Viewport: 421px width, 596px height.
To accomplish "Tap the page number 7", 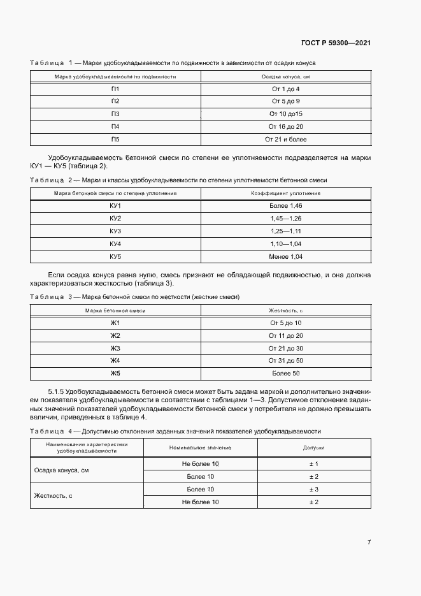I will pyautogui.click(x=369, y=542).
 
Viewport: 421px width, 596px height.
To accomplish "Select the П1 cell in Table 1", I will pyautogui.click(x=115, y=89).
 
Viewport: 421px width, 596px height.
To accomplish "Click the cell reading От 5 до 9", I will pyautogui.click(x=285, y=101).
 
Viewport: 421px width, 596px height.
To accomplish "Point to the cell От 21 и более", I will pyautogui.click(x=285, y=139).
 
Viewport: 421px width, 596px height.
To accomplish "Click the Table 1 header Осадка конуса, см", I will pyautogui.click(x=285, y=76).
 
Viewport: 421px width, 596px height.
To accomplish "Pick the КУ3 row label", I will pyautogui.click(x=115, y=231).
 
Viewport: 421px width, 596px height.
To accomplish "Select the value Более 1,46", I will pyautogui.click(x=285, y=206).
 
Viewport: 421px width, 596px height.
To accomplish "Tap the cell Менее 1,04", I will pyautogui.click(x=285, y=256).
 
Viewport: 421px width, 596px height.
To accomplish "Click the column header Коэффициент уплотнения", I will pyautogui.click(x=285, y=193).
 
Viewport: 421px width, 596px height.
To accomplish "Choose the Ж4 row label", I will pyautogui.click(x=115, y=361).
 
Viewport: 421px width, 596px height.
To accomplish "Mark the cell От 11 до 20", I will pyautogui.click(x=286, y=335).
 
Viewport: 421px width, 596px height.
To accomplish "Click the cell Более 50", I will pyautogui.click(x=286, y=374).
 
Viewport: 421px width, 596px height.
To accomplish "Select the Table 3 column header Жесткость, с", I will pyautogui.click(x=286, y=310).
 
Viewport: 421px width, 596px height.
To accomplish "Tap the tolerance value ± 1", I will pyautogui.click(x=313, y=464).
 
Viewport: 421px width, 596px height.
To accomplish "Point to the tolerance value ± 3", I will pyautogui.click(x=313, y=490).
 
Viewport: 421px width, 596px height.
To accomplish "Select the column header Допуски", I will pyautogui.click(x=313, y=448).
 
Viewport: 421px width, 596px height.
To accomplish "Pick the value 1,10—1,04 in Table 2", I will pyautogui.click(x=285, y=243).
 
